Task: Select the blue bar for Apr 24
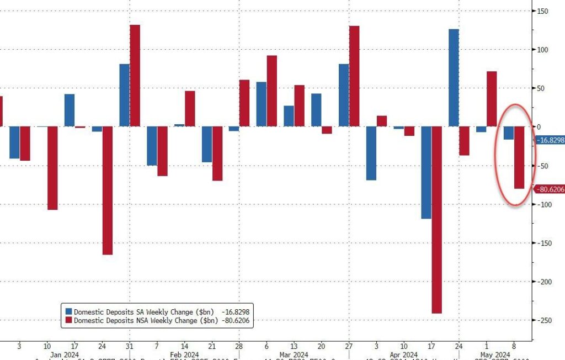pos(454,78)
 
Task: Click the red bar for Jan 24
pos(107,190)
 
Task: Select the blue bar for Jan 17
pos(70,110)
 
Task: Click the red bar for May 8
pos(519,157)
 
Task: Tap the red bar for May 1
pos(492,99)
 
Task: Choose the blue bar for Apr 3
pos(371,153)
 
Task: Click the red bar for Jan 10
pos(52,168)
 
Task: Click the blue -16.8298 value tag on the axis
pos(550,140)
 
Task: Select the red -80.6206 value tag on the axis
pos(550,189)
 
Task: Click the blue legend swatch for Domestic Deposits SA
pos(68,311)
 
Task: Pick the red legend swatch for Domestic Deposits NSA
pos(68,320)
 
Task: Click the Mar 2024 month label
pos(294,354)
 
